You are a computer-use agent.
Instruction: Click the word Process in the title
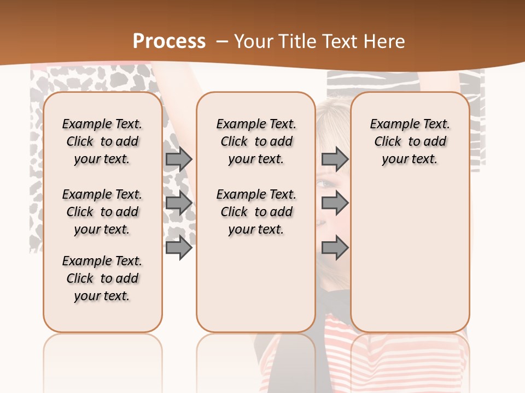click(x=169, y=41)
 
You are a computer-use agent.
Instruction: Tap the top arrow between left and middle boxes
click(x=179, y=159)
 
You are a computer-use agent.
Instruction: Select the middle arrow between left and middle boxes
click(x=179, y=203)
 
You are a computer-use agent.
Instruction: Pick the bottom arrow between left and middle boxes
click(x=179, y=248)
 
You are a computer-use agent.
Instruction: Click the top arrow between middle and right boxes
click(x=335, y=159)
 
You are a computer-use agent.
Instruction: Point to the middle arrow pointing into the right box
click(x=335, y=203)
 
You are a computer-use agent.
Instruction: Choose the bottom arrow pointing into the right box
click(x=335, y=248)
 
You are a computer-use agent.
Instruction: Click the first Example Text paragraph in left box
click(x=102, y=141)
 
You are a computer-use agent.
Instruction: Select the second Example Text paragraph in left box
click(x=102, y=212)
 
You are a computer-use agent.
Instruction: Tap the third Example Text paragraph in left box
click(x=102, y=278)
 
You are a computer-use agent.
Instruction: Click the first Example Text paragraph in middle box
click(x=256, y=141)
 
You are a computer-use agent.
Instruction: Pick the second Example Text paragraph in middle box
click(x=256, y=212)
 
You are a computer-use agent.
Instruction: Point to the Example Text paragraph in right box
click(x=410, y=141)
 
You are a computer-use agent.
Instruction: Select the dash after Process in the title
click(x=223, y=41)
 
